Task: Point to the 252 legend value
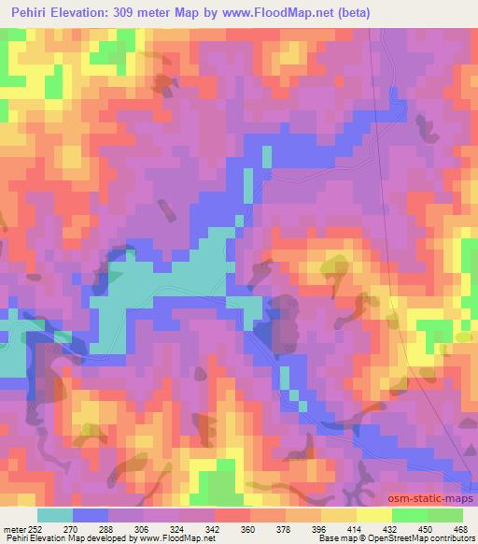(x=35, y=528)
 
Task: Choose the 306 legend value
(x=143, y=528)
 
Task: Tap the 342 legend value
(x=214, y=528)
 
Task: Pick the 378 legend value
(x=285, y=528)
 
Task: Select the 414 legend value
(x=356, y=528)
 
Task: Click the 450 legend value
(x=427, y=528)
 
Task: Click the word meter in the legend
(x=14, y=528)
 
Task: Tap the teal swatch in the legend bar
(x=55, y=515)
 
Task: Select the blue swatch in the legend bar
(x=91, y=515)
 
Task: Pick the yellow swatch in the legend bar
(x=373, y=515)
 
